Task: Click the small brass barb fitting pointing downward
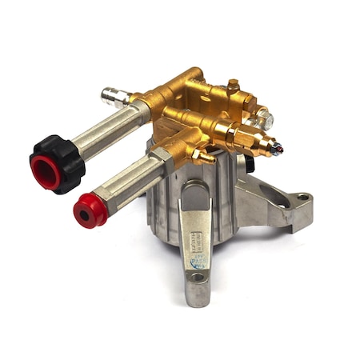[x=203, y=155]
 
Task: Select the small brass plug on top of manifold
[x=232, y=84]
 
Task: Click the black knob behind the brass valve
[x=249, y=163]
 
